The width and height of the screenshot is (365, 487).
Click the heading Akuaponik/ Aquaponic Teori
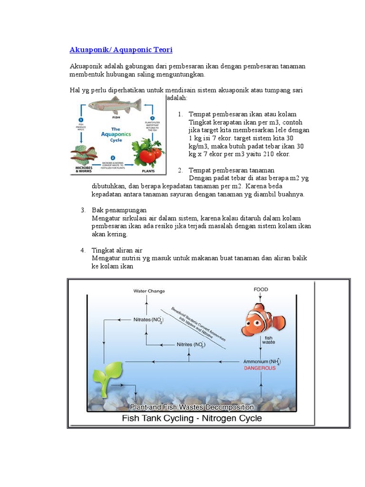point(121,49)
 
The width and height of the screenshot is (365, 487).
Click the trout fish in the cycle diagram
point(115,104)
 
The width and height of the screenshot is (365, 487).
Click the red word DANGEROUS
point(259,368)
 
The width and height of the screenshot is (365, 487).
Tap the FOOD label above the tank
point(261,289)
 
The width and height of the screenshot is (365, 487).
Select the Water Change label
point(149,291)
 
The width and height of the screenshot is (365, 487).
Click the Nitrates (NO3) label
point(149,320)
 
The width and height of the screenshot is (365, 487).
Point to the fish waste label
point(269,339)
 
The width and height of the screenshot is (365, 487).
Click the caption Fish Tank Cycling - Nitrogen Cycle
point(192,419)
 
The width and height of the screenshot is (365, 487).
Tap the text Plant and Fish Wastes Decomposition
point(192,407)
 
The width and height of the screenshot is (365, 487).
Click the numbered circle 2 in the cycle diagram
point(113,158)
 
